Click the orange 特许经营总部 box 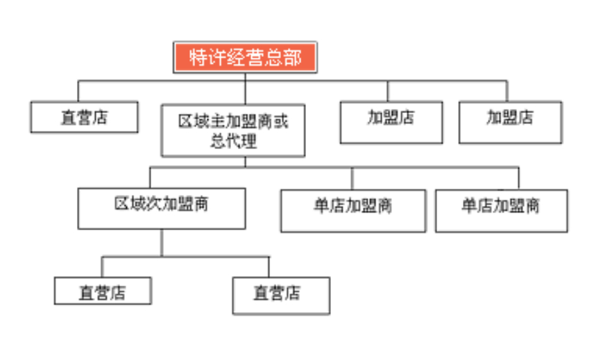click(245, 57)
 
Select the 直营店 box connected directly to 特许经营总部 click(84, 117)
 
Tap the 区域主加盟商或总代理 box click(233, 130)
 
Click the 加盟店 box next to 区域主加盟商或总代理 click(391, 122)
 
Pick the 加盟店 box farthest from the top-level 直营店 click(510, 122)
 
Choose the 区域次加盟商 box click(161, 208)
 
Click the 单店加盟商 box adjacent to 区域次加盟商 click(353, 210)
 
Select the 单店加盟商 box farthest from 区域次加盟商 click(501, 210)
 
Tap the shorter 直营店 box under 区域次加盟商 click(103, 291)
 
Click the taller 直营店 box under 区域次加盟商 click(280, 295)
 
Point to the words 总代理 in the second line click(233, 142)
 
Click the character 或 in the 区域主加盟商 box click(280, 121)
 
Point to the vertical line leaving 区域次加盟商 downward click(162, 242)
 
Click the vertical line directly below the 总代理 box click(245, 162)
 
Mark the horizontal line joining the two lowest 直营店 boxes click(185, 257)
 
